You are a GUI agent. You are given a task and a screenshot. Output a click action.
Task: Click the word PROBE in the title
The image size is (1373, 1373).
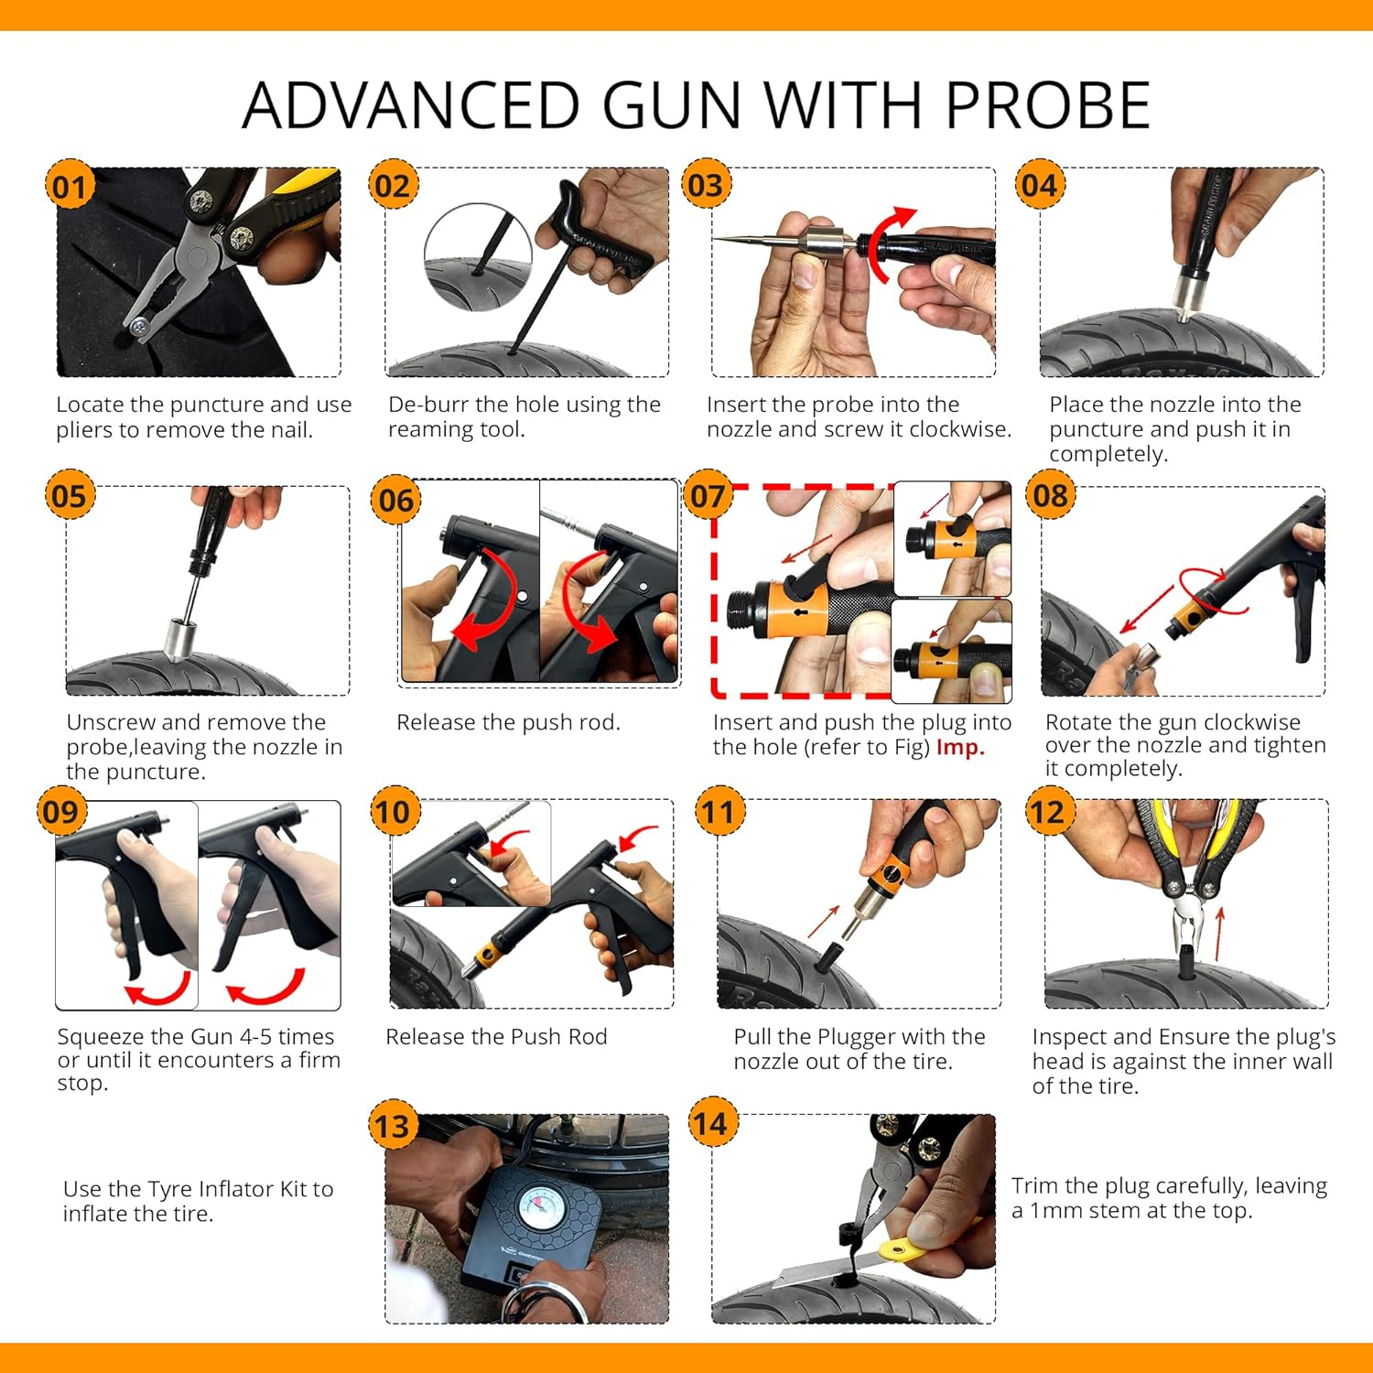tap(1047, 105)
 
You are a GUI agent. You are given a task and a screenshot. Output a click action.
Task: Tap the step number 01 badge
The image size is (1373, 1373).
tap(70, 187)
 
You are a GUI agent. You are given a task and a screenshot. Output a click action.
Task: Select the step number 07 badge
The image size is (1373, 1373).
tap(708, 496)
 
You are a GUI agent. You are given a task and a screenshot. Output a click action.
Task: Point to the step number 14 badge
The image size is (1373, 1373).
tap(711, 1123)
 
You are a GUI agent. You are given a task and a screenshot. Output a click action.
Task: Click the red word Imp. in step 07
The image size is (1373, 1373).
tap(960, 747)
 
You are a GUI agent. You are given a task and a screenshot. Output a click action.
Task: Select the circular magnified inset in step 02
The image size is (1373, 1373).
tap(478, 256)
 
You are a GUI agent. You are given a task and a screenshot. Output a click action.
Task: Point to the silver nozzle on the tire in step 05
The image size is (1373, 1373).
tap(178, 637)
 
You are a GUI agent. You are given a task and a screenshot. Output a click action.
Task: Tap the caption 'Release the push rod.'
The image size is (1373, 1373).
tap(508, 722)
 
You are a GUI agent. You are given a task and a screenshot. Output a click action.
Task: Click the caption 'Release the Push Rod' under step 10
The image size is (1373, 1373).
tap(496, 1037)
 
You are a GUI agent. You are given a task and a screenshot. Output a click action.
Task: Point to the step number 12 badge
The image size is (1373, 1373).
tap(1048, 812)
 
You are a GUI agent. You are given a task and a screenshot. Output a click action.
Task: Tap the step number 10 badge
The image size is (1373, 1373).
tap(393, 812)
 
